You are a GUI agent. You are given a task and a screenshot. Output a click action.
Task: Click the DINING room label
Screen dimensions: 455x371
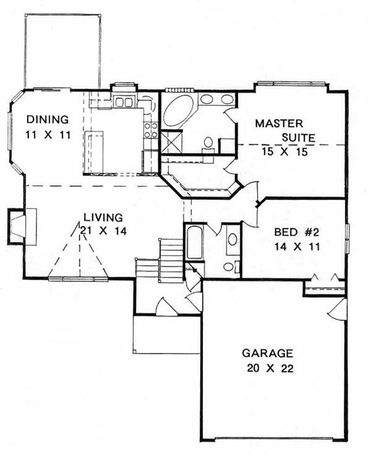coord(47,119)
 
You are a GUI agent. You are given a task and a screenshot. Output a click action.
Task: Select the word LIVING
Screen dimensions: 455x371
coord(103,217)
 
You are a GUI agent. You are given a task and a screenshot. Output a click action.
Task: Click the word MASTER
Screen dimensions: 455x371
coord(279,123)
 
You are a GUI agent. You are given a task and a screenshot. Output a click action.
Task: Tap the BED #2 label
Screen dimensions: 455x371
coord(293,231)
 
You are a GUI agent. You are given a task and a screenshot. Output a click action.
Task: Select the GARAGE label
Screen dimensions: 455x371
coord(268,353)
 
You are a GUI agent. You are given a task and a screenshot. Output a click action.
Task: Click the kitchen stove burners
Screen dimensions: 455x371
coord(150,130)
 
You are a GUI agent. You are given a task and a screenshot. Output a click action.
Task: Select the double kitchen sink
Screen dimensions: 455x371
coord(124,101)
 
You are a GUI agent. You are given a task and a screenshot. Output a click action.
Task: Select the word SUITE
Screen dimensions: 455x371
coord(299,138)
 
